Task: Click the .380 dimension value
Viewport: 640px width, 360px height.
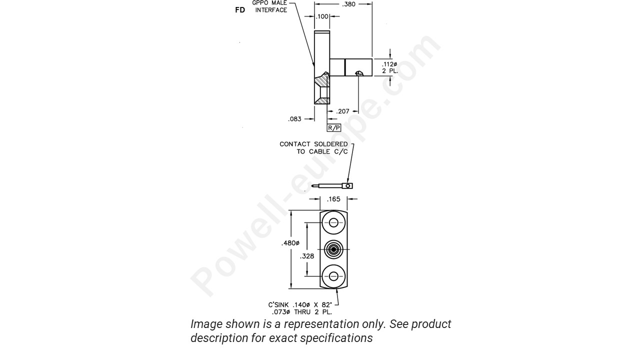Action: pos(348,4)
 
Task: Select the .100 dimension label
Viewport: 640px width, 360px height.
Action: pos(322,16)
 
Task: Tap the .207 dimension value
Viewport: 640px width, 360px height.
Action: pos(343,111)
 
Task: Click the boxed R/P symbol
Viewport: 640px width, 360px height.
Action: pos(333,127)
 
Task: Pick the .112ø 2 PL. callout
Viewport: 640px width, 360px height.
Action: pos(389,67)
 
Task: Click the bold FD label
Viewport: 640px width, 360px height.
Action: pos(240,10)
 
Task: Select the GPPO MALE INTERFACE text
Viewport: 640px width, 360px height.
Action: pos(270,6)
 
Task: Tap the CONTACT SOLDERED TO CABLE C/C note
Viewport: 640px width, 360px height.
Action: pos(313,147)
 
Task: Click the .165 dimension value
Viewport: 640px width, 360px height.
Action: pos(333,199)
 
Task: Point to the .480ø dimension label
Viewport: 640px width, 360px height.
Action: pos(290,243)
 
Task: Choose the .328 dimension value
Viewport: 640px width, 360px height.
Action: pos(307,256)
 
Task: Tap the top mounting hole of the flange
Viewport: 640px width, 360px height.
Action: pos(333,222)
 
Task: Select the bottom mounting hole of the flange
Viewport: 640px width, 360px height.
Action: pos(333,276)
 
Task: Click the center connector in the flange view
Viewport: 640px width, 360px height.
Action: pos(333,249)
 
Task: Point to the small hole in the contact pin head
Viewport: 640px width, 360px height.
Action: pos(347,186)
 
